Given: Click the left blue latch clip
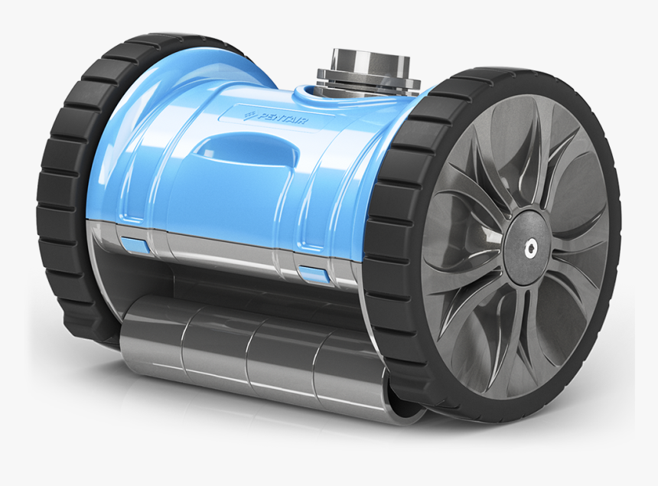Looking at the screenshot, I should pos(133,244).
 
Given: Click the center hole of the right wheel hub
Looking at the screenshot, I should pos(529,246).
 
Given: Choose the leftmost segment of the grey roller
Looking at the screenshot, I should pos(153,337).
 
